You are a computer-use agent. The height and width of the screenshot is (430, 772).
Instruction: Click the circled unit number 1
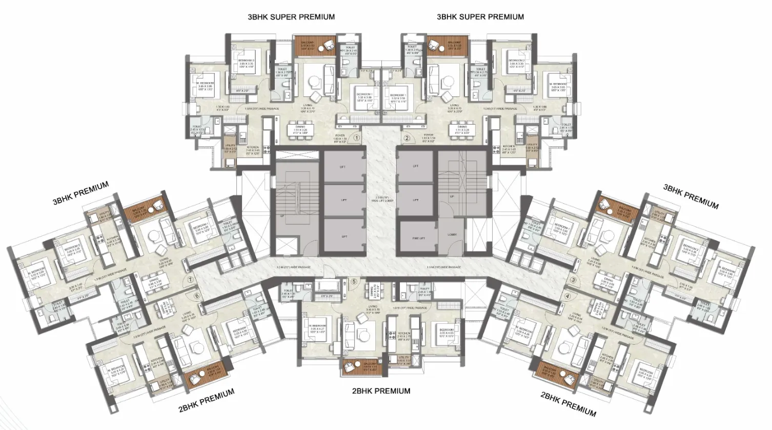357,138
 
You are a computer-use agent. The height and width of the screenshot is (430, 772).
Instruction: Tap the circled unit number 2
407,138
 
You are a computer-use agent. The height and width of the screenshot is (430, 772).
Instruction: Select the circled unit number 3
573,280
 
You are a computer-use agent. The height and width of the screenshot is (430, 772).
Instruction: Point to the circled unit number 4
567,296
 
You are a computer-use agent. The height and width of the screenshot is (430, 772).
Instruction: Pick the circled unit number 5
354,281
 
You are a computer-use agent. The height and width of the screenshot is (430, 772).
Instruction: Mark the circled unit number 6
196,295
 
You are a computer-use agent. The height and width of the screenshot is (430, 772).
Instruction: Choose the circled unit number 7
190,280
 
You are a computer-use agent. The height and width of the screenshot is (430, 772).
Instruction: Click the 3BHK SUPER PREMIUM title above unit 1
291,17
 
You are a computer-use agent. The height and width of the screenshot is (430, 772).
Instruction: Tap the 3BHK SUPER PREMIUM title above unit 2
480,17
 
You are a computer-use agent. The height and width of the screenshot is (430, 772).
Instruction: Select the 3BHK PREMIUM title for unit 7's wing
81,192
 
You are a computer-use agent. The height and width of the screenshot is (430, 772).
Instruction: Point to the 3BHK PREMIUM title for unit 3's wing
690,196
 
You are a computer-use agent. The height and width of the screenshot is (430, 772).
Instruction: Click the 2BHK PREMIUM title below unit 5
381,391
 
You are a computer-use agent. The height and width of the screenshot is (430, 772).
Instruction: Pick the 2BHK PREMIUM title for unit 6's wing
206,400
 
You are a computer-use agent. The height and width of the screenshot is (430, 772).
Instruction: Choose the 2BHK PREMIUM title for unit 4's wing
568,404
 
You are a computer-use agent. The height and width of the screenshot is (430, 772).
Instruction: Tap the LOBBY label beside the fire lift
452,234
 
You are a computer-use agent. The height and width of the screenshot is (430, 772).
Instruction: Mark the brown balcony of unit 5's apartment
362,365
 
